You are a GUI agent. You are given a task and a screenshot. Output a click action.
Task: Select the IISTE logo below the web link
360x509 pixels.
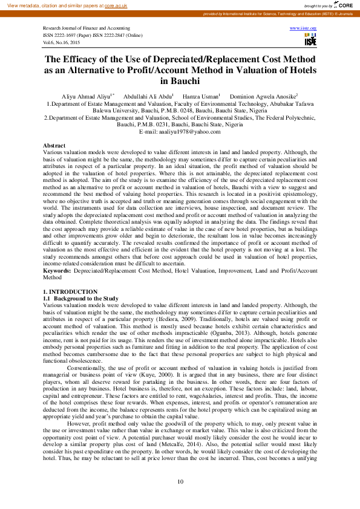click(x=310, y=40)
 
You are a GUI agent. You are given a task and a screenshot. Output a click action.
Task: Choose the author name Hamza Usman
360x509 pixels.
click(x=201, y=97)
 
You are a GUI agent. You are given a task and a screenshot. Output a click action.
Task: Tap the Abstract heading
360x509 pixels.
click(x=54, y=146)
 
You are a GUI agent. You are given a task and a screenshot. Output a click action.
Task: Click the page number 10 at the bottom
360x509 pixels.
click(x=180, y=481)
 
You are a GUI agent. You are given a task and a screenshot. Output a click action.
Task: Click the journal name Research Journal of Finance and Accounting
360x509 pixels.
click(x=86, y=28)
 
